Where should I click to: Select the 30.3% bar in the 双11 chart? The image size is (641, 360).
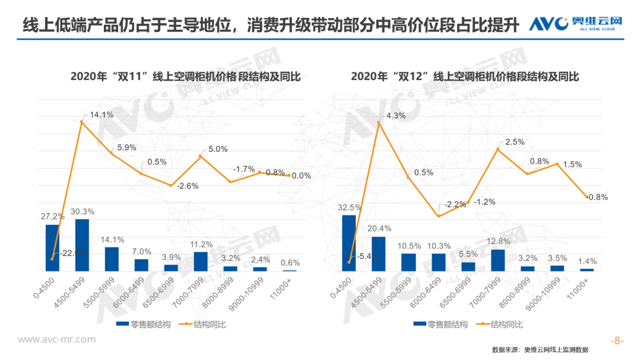point(82,245)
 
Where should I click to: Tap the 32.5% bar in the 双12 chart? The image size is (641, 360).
point(349,243)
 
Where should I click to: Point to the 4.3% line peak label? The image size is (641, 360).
point(396,116)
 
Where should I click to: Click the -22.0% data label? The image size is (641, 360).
point(72,253)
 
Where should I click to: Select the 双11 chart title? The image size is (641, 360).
point(185,77)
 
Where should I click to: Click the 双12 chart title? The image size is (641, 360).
point(465,77)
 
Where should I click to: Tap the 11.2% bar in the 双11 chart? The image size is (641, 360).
point(201,261)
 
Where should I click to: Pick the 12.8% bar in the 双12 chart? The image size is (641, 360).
point(497,260)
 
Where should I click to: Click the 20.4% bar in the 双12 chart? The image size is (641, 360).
point(379,253)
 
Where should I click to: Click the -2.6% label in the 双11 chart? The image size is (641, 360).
point(188,186)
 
